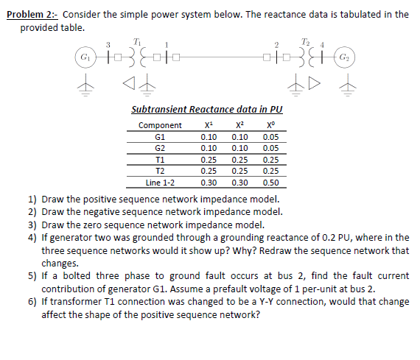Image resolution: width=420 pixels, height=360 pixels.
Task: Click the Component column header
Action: [160, 125]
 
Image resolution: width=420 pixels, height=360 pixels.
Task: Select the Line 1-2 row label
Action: [160, 181]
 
